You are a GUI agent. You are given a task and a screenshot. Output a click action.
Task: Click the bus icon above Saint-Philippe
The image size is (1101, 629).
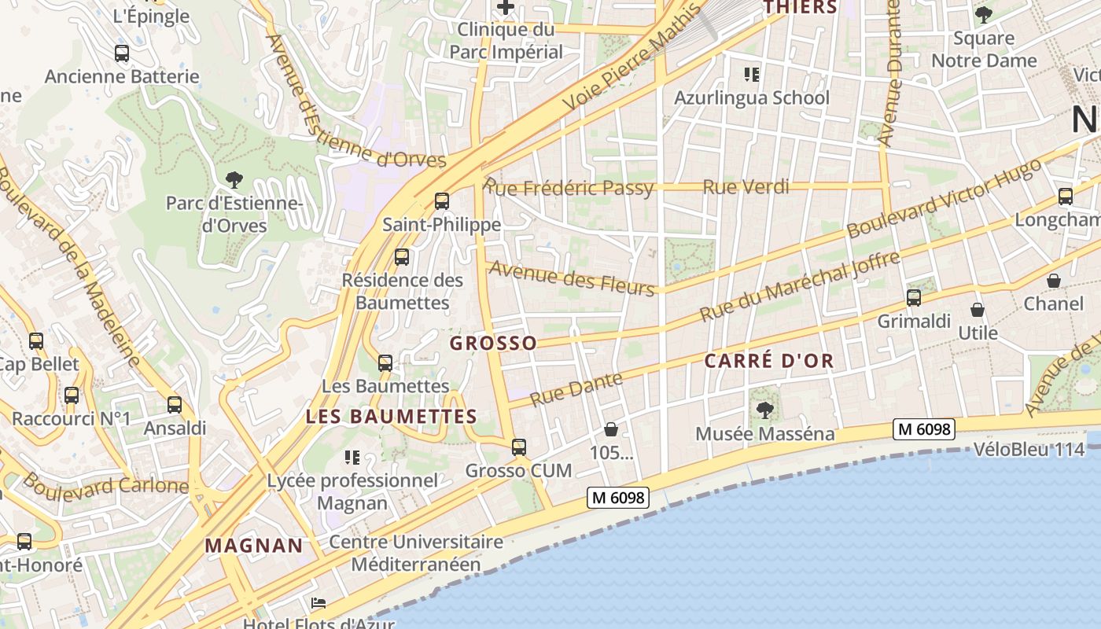tap(442, 201)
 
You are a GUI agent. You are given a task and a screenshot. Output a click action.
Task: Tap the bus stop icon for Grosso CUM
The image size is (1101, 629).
tap(519, 447)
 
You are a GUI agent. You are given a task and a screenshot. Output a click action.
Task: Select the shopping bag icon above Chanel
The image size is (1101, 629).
tap(1054, 281)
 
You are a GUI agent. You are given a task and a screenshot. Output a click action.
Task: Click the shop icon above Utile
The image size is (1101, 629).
tap(978, 310)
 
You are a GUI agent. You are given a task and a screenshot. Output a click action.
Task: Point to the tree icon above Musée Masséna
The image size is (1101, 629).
tap(764, 410)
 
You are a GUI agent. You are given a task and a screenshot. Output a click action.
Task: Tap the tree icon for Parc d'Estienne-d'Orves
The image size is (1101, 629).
tap(234, 180)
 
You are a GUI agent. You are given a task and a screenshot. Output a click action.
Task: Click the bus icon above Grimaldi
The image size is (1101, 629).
tap(914, 298)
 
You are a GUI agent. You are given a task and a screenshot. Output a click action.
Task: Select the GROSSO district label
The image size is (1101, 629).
tap(493, 343)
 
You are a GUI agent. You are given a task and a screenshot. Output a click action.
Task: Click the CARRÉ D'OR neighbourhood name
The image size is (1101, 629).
tap(768, 361)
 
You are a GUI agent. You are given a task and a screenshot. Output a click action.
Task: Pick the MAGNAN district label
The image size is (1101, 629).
tap(254, 545)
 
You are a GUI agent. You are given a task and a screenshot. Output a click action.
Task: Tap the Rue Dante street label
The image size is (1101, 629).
tap(576, 389)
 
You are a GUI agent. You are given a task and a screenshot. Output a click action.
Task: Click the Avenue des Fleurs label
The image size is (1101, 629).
tap(572, 278)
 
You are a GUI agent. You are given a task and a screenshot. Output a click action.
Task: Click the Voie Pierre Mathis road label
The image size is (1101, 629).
tap(632, 58)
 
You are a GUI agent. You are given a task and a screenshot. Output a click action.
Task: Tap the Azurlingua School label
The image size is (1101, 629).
tap(752, 97)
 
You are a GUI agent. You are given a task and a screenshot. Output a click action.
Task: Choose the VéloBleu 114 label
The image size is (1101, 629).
tap(1029, 449)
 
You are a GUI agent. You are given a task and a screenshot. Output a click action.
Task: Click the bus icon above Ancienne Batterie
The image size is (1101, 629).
tap(122, 53)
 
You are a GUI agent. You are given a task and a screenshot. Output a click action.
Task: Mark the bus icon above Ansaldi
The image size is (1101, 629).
tap(175, 405)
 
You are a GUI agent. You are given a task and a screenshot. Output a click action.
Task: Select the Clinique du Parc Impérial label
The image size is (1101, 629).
tap(506, 41)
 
